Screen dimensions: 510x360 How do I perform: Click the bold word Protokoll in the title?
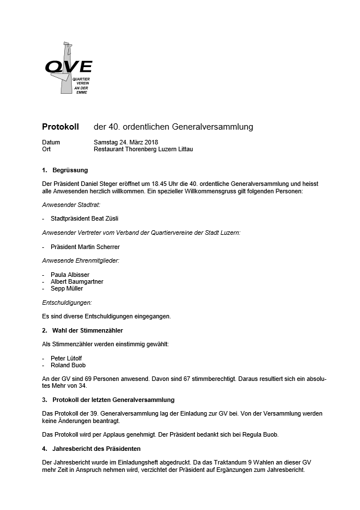tap(60, 126)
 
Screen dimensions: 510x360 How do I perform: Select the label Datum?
tap(51, 142)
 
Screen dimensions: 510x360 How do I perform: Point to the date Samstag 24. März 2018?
tap(126, 142)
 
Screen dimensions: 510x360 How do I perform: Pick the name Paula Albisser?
tap(70, 275)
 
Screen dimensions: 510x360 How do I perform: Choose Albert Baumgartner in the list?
tap(77, 281)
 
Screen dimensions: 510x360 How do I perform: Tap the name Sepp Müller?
tap(67, 288)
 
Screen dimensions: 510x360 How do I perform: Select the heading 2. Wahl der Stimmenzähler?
tap(82, 330)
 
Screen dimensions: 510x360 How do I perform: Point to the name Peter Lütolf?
tap(67, 358)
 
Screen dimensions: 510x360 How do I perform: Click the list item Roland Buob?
tap(68, 365)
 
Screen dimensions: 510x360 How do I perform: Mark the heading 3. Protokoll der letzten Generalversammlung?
tap(108, 400)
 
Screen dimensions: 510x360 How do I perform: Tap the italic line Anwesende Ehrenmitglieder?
tap(81, 260)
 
